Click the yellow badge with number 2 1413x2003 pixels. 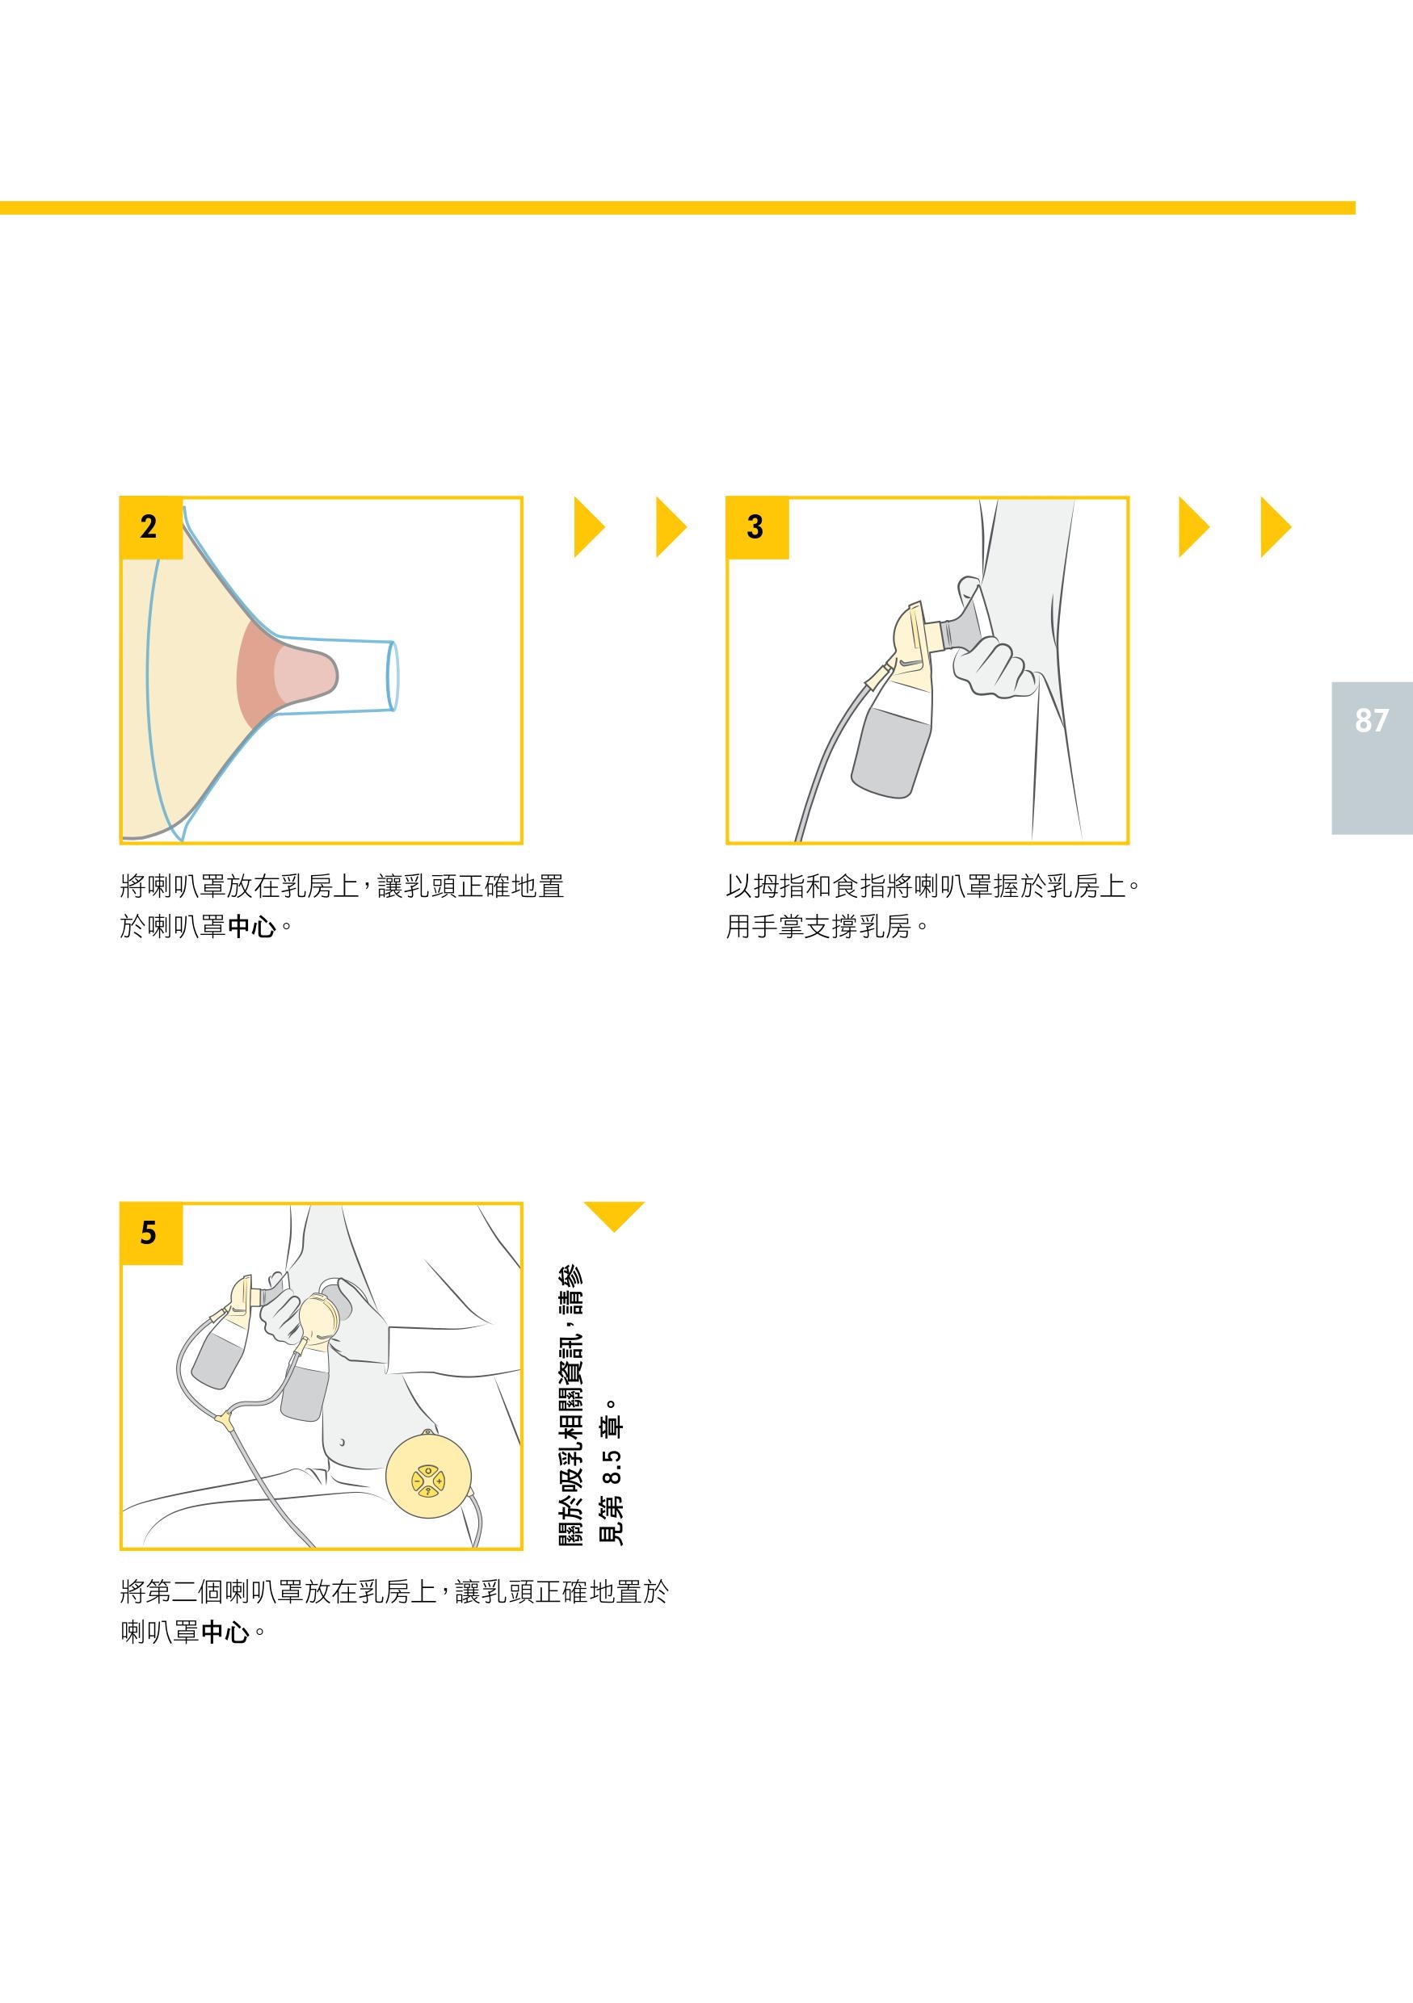click(x=151, y=528)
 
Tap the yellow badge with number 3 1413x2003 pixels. click(x=758, y=528)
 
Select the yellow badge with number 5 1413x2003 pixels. click(x=151, y=1234)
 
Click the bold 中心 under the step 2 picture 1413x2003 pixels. click(x=251, y=927)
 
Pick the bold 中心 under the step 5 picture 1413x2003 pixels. click(x=225, y=1632)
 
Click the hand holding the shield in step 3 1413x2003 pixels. click(x=991, y=668)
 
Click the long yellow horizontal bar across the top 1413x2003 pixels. click(x=677, y=207)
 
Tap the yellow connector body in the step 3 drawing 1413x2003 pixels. click(x=913, y=635)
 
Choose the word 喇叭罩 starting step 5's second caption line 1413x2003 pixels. click(x=160, y=1632)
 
